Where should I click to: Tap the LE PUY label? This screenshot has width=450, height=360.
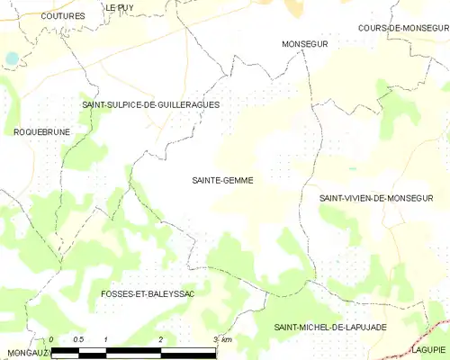click(x=120, y=7)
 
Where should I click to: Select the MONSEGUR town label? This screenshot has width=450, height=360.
click(x=305, y=43)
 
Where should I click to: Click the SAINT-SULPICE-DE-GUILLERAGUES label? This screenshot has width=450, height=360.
click(x=150, y=104)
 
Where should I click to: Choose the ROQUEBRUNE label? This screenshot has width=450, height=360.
click(x=42, y=131)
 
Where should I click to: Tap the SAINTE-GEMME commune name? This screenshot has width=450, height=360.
click(x=222, y=180)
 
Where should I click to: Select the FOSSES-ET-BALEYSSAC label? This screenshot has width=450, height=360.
click(x=149, y=294)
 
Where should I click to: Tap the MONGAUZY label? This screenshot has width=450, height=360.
click(x=25, y=352)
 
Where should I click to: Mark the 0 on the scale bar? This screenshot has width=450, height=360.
click(x=52, y=339)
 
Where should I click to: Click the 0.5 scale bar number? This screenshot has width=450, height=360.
click(x=78, y=339)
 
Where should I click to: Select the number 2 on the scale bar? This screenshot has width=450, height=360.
click(x=160, y=339)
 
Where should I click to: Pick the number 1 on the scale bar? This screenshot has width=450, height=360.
click(x=106, y=339)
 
